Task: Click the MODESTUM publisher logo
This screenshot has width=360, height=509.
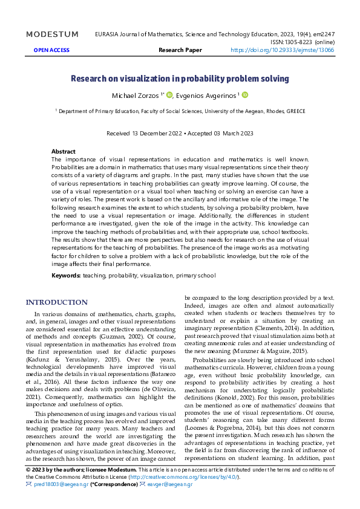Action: (x=52, y=34)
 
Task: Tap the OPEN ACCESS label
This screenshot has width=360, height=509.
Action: (x=51, y=51)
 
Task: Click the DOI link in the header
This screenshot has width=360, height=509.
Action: (x=283, y=51)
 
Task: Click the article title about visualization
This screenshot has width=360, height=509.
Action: (x=180, y=79)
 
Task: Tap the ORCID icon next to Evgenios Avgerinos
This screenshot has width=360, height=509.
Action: (x=246, y=95)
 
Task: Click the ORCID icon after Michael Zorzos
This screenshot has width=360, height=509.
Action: (x=170, y=95)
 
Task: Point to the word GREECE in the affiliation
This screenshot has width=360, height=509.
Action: (x=296, y=111)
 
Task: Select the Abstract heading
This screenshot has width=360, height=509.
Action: (x=64, y=151)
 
